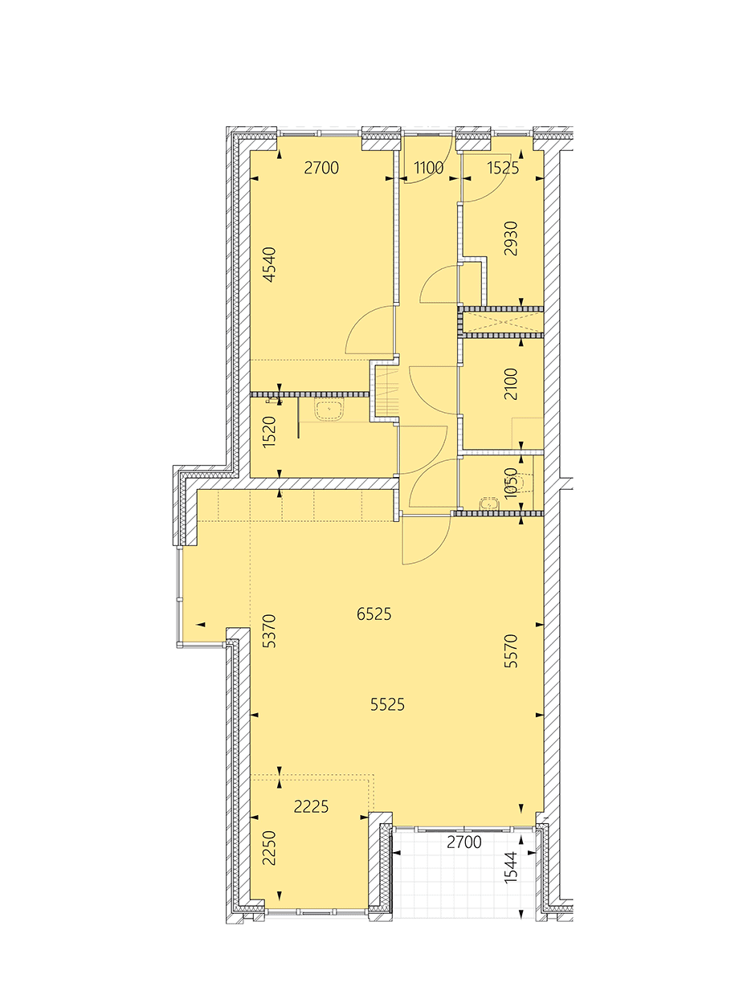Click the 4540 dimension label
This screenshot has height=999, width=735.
270,265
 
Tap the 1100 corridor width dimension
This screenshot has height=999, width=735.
429,168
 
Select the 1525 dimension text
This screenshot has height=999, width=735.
503,168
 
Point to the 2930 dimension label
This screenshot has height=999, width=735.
511,239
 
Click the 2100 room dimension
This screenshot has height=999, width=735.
511,384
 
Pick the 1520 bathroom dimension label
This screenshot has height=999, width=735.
270,432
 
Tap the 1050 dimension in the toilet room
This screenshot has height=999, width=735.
511,483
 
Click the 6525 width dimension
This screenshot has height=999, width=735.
374,614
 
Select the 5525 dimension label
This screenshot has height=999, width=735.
387,704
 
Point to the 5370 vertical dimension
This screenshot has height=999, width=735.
270,631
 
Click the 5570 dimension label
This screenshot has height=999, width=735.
511,650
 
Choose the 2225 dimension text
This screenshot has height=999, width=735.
312,806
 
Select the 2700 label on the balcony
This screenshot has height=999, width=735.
464,842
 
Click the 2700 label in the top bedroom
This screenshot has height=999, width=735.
321,168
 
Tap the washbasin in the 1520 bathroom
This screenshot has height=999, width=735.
329,410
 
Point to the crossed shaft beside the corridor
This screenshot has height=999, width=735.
503,321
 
